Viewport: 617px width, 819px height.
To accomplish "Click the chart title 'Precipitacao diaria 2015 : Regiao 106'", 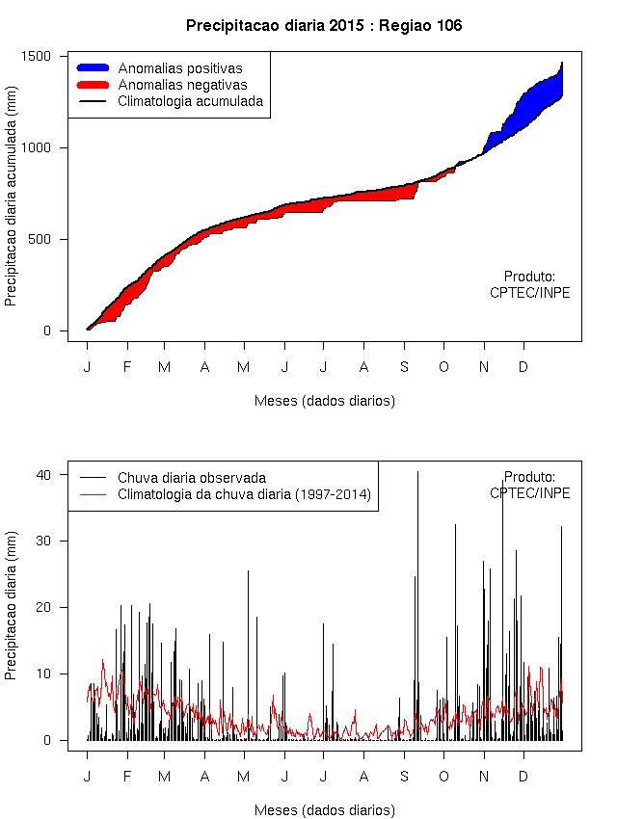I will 324,26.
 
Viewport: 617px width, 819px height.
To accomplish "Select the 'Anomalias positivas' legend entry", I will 180,68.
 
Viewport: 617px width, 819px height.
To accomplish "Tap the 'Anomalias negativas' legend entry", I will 182,85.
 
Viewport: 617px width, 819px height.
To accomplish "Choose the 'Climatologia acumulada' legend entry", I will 190,101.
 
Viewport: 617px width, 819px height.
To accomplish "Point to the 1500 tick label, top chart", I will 36,56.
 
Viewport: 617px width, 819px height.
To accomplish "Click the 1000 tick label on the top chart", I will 36,147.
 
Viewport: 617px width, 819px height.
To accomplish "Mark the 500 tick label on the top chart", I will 39,239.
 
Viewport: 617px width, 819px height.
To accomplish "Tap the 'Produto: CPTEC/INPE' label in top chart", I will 529,284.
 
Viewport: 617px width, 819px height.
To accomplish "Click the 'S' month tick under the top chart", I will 405,367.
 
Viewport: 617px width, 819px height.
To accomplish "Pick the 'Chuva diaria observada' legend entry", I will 191,477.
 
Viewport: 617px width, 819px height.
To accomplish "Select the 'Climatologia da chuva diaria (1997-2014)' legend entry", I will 244,494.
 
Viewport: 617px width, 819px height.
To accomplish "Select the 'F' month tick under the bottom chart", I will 126,776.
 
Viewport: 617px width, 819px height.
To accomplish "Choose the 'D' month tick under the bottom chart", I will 523,776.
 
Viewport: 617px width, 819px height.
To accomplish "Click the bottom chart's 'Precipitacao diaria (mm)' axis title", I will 12,609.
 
